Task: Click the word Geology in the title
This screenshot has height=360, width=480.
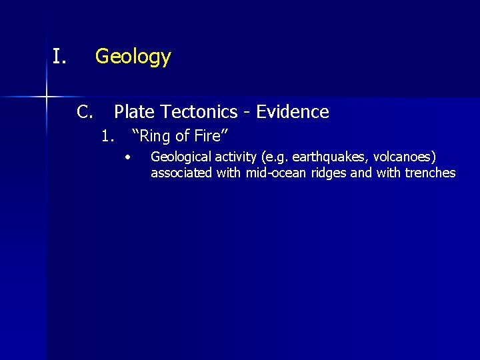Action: coord(133,57)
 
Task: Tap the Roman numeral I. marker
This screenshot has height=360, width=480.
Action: coord(59,57)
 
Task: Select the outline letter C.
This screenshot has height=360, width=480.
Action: coord(84,112)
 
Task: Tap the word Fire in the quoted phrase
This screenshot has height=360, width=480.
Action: coord(212,137)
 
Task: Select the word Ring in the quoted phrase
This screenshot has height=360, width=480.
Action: coord(155,137)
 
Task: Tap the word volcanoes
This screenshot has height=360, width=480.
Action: coord(405,157)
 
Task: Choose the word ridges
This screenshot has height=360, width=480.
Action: coord(329,173)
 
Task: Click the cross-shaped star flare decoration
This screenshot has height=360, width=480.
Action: coord(47,97)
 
